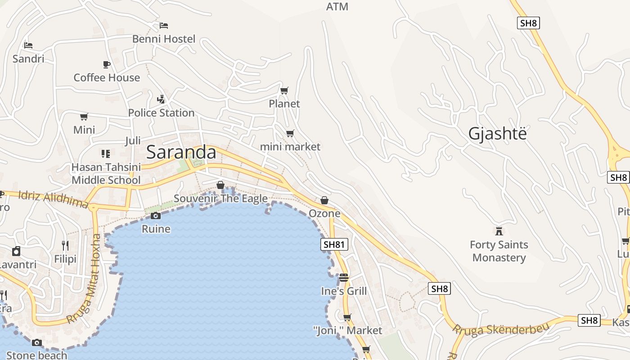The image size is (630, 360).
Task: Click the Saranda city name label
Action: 181,152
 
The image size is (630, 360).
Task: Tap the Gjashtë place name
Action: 497,134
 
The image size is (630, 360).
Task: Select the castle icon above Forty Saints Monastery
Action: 499,231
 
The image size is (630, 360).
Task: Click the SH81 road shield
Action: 334,244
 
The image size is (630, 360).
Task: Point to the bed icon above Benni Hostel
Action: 164,26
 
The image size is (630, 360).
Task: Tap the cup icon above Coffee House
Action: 107,65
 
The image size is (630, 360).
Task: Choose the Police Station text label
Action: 161,112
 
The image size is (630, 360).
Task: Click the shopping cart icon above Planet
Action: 284,91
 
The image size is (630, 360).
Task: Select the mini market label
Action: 290,147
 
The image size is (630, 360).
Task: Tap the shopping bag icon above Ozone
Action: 324,200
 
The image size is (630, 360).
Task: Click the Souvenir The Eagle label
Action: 220,198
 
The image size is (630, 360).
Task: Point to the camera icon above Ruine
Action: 156,216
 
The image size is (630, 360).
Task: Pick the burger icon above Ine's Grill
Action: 344,278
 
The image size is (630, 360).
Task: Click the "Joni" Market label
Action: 347,330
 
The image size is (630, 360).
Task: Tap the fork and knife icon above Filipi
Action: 65,245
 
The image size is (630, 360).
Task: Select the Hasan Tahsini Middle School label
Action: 106,173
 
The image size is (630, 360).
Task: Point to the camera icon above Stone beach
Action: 37,343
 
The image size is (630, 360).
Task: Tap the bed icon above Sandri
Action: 28,45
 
